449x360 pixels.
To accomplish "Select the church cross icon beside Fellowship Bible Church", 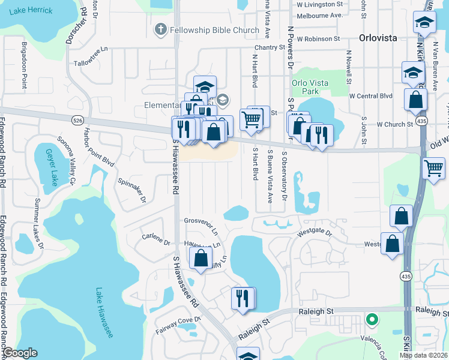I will [160, 29].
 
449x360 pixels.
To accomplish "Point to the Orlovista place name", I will [378, 38].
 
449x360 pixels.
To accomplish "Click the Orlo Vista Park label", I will [305, 88].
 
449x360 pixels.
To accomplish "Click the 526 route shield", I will [77, 120].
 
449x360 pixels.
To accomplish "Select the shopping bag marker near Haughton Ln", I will [201, 259].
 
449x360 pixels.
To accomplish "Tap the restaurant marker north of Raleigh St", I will [243, 298].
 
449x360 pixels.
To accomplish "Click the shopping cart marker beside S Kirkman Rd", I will [433, 168].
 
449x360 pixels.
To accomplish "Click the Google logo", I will [20, 353].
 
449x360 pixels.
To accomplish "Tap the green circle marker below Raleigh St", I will [372, 320].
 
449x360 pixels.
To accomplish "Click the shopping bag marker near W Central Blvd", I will [415, 100].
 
